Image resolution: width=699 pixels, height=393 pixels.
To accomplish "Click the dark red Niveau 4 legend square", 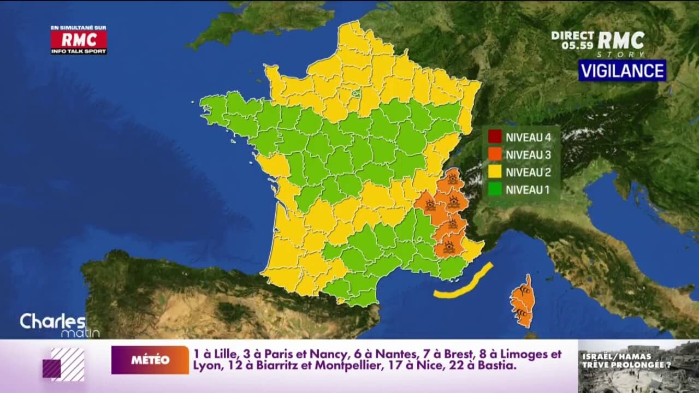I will (x=495, y=136).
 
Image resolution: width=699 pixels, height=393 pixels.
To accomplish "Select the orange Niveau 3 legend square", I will (x=495, y=154).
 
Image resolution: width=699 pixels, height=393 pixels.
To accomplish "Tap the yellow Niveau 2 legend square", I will (x=495, y=172).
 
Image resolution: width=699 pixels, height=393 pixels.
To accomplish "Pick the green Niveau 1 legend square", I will (x=495, y=190).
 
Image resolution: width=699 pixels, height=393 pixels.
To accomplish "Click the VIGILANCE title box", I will (x=622, y=70).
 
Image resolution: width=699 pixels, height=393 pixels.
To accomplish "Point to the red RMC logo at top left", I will (x=79, y=39).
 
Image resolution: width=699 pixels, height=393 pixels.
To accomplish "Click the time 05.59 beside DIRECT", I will (x=578, y=46).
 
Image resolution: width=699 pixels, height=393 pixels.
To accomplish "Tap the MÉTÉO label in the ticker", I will (x=150, y=360).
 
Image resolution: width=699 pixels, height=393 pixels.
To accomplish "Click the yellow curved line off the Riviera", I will (x=465, y=283).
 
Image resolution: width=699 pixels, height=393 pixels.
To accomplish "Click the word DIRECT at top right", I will (x=573, y=35).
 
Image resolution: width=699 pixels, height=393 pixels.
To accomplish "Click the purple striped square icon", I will (x=64, y=364).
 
